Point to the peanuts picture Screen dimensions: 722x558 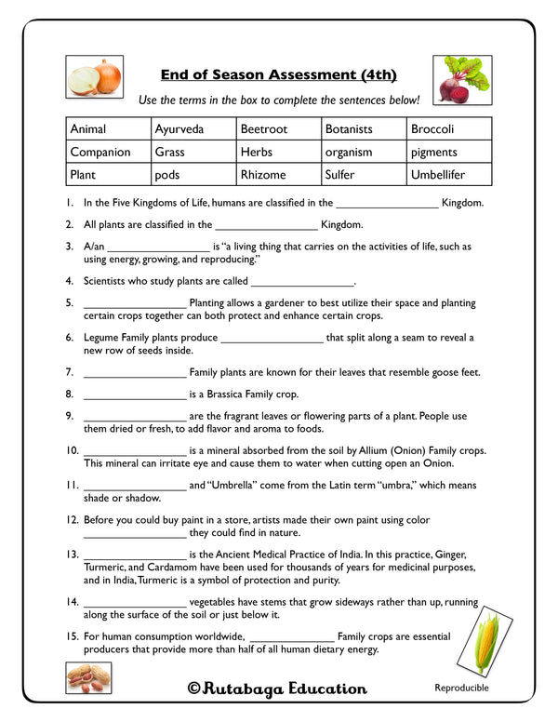click(x=89, y=679)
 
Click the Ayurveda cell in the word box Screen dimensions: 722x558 click(x=193, y=129)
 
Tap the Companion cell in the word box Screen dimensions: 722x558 click(x=109, y=152)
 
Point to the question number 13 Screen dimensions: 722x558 click(x=72, y=554)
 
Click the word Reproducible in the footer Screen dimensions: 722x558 click(x=461, y=689)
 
